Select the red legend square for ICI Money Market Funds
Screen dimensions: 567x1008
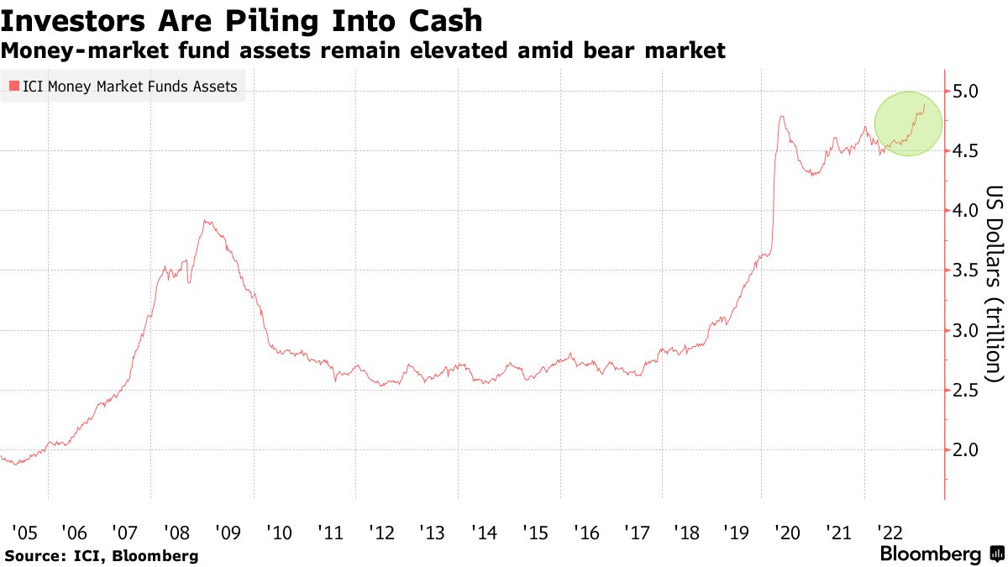(x=13, y=86)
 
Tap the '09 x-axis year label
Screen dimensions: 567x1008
(x=228, y=532)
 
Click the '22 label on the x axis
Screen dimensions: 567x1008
(x=890, y=532)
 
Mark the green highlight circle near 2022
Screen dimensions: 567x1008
(x=909, y=123)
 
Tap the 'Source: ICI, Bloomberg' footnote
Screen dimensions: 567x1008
(x=102, y=555)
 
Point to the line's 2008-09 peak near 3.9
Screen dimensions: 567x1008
(x=206, y=221)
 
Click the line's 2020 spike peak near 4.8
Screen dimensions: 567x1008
(x=782, y=117)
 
